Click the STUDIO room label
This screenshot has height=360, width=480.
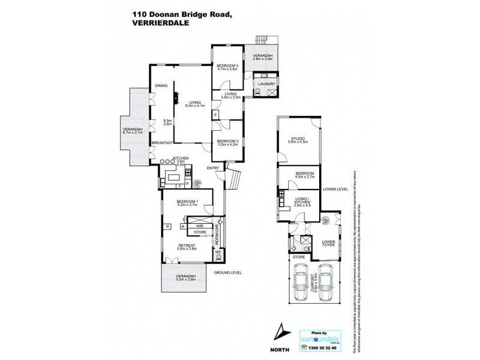click(x=298, y=139)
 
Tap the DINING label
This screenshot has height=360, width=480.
click(x=161, y=85)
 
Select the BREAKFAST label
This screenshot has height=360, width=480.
click(x=162, y=142)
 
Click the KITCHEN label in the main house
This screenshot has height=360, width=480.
click(x=181, y=158)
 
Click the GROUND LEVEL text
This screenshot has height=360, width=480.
click(x=229, y=273)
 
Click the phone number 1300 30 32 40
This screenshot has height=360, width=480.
click(x=323, y=348)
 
